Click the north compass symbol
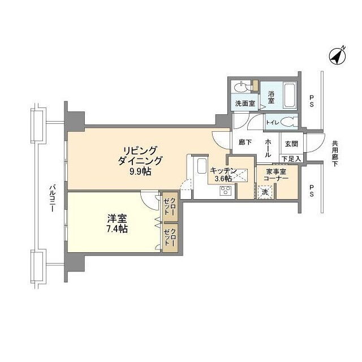point(337,55)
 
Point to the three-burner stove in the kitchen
point(226,191)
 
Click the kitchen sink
point(201,166)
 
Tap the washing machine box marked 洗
point(265,191)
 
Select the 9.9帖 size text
point(140,171)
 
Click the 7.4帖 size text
point(117,229)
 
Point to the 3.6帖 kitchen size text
point(223,178)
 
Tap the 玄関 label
point(291,144)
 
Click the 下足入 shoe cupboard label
point(291,158)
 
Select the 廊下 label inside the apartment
point(245,142)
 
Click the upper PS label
point(312,101)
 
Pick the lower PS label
point(312,191)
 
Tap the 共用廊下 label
point(334,154)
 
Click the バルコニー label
point(53,198)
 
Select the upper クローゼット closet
point(170,206)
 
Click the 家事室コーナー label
point(276,175)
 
